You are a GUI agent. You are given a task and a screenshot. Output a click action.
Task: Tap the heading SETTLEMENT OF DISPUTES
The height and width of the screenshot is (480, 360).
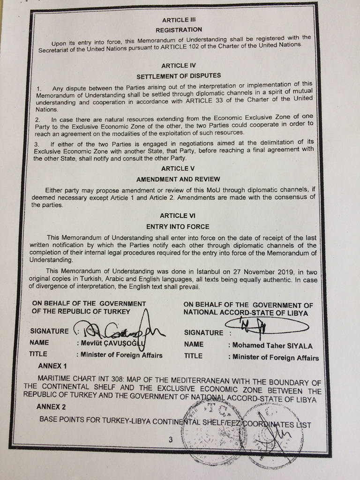tap(179, 75)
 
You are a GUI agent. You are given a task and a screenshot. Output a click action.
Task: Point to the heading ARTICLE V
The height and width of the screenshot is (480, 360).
tap(178, 168)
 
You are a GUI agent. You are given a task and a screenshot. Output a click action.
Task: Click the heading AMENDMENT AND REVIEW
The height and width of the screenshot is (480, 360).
tap(178, 179)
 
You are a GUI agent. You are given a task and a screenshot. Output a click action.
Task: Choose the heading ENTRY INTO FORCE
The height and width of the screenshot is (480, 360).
tap(178, 227)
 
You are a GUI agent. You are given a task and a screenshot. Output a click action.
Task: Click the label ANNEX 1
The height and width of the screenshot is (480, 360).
tap(52, 365)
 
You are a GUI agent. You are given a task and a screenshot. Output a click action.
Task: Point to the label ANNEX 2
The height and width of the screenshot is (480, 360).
tap(52, 406)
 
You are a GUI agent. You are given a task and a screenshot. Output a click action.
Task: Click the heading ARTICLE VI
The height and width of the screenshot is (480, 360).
tap(178, 216)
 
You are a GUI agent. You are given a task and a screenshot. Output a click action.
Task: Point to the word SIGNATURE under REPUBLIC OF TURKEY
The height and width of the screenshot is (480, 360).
tap(49, 331)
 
